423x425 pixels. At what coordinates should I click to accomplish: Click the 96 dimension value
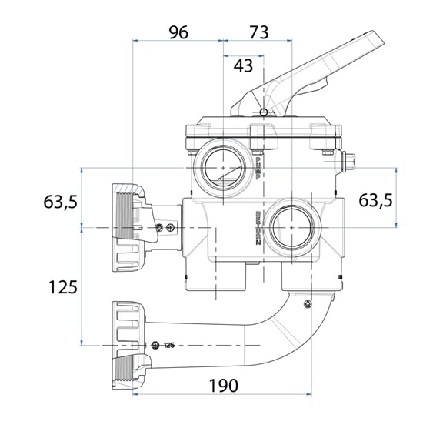pyautogui.click(x=178, y=32)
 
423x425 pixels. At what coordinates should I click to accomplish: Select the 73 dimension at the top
pyautogui.click(x=258, y=32)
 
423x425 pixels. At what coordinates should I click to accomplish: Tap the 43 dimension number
pyautogui.click(x=243, y=65)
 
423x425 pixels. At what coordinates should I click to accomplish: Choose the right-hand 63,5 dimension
pyautogui.click(x=376, y=199)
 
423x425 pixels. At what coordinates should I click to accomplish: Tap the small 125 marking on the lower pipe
pyautogui.click(x=170, y=344)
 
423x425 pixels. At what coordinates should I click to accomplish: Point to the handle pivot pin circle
pyautogui.click(x=264, y=112)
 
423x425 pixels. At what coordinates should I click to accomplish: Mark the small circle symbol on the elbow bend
pyautogui.click(x=308, y=301)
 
